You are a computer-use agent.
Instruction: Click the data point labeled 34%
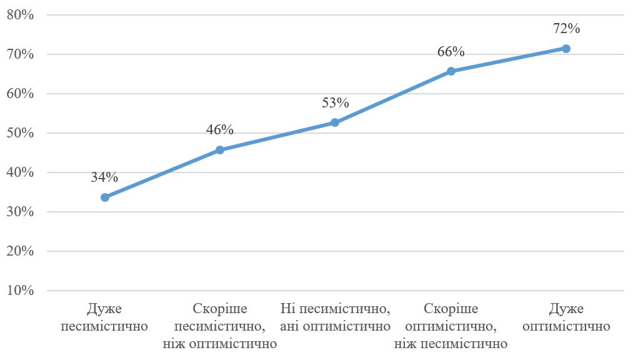(x=105, y=197)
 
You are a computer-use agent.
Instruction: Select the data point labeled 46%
(x=220, y=150)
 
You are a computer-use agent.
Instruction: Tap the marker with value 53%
(x=335, y=122)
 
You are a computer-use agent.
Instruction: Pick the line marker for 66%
(x=451, y=71)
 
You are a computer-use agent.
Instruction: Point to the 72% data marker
(x=566, y=49)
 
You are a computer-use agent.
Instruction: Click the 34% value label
(x=104, y=177)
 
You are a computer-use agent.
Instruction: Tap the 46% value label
(x=219, y=130)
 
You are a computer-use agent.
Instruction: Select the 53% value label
(x=335, y=102)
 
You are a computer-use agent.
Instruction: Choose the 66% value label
(x=451, y=51)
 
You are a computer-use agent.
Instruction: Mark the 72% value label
(x=567, y=28)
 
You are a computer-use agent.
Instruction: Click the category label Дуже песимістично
(x=104, y=317)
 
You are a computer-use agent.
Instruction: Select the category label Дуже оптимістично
(x=566, y=317)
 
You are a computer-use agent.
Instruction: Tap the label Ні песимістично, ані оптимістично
(x=335, y=317)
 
